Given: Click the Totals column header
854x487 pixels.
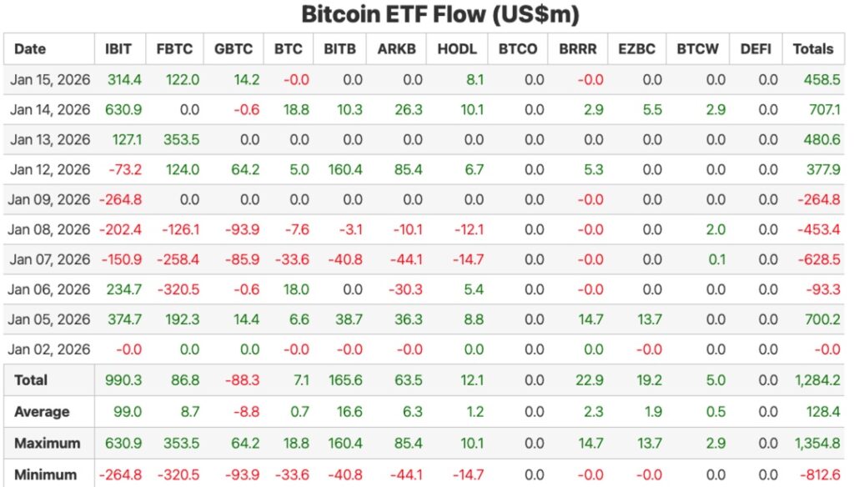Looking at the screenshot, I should point(813,49).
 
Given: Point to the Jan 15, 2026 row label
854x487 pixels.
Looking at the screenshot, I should point(50,80).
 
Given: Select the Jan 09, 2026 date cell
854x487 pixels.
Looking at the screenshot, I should point(50,200).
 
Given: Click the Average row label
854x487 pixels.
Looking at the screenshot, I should point(42,412).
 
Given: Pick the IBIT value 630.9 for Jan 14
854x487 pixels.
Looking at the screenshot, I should point(124,110).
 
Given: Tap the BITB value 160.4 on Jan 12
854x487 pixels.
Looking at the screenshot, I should point(345,170).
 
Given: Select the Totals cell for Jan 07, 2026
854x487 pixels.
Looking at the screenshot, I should point(818,260).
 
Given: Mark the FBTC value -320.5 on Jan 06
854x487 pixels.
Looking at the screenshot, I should point(178,290).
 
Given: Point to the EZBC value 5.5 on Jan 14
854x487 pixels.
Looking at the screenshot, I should point(651,110).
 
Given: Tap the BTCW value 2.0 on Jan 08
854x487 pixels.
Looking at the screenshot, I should point(715,230).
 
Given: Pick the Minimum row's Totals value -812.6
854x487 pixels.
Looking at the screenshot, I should point(818,474).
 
